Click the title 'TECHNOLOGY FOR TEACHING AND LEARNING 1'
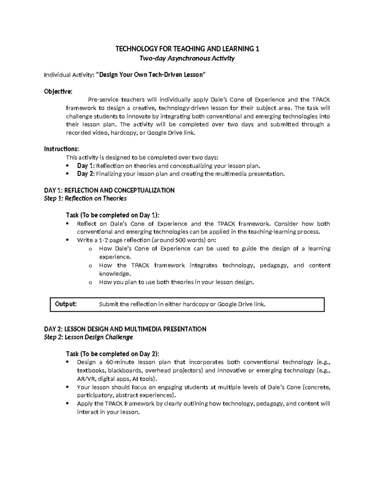point(187,49)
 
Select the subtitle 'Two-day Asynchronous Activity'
point(187,58)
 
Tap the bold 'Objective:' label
point(58,91)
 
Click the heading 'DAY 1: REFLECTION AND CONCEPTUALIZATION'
point(109,190)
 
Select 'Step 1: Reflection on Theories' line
point(85,198)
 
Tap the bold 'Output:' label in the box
point(66,304)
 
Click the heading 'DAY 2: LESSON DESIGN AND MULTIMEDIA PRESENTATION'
point(125,329)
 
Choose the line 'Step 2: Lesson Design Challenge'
point(88,337)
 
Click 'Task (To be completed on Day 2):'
point(112,354)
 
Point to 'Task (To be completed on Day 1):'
point(112,215)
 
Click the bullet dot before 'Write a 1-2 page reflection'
point(67,240)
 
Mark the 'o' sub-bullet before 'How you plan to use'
point(90,283)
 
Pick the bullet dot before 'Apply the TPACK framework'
point(67,404)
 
